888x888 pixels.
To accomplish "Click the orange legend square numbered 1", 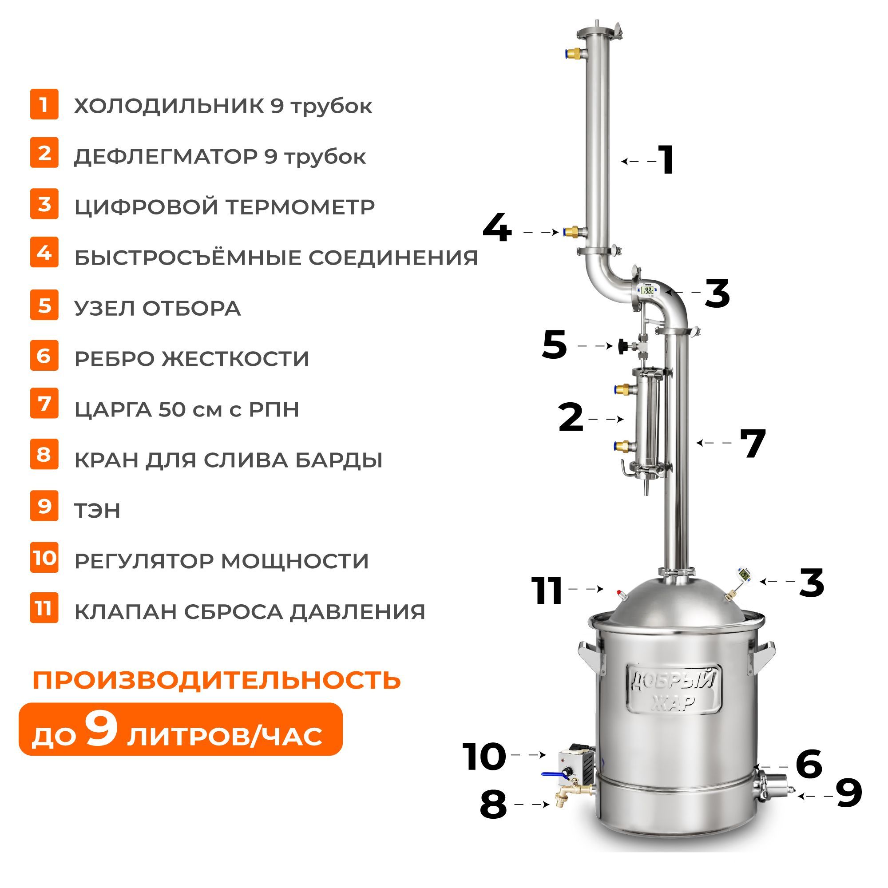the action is [x=44, y=104].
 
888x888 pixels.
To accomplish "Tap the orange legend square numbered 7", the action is [x=44, y=404].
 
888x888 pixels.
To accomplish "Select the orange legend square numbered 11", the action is [x=44, y=608].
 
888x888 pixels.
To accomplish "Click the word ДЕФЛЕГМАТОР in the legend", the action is [x=166, y=157].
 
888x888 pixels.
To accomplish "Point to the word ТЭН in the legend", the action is [x=97, y=511].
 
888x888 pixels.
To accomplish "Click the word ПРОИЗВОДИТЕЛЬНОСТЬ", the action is [x=217, y=680].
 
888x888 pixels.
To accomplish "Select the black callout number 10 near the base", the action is [x=484, y=756].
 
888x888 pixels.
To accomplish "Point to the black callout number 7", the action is [x=753, y=443].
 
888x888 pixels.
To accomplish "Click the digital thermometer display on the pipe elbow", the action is [x=648, y=290].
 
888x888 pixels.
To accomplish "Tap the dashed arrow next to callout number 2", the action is [x=606, y=419].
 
